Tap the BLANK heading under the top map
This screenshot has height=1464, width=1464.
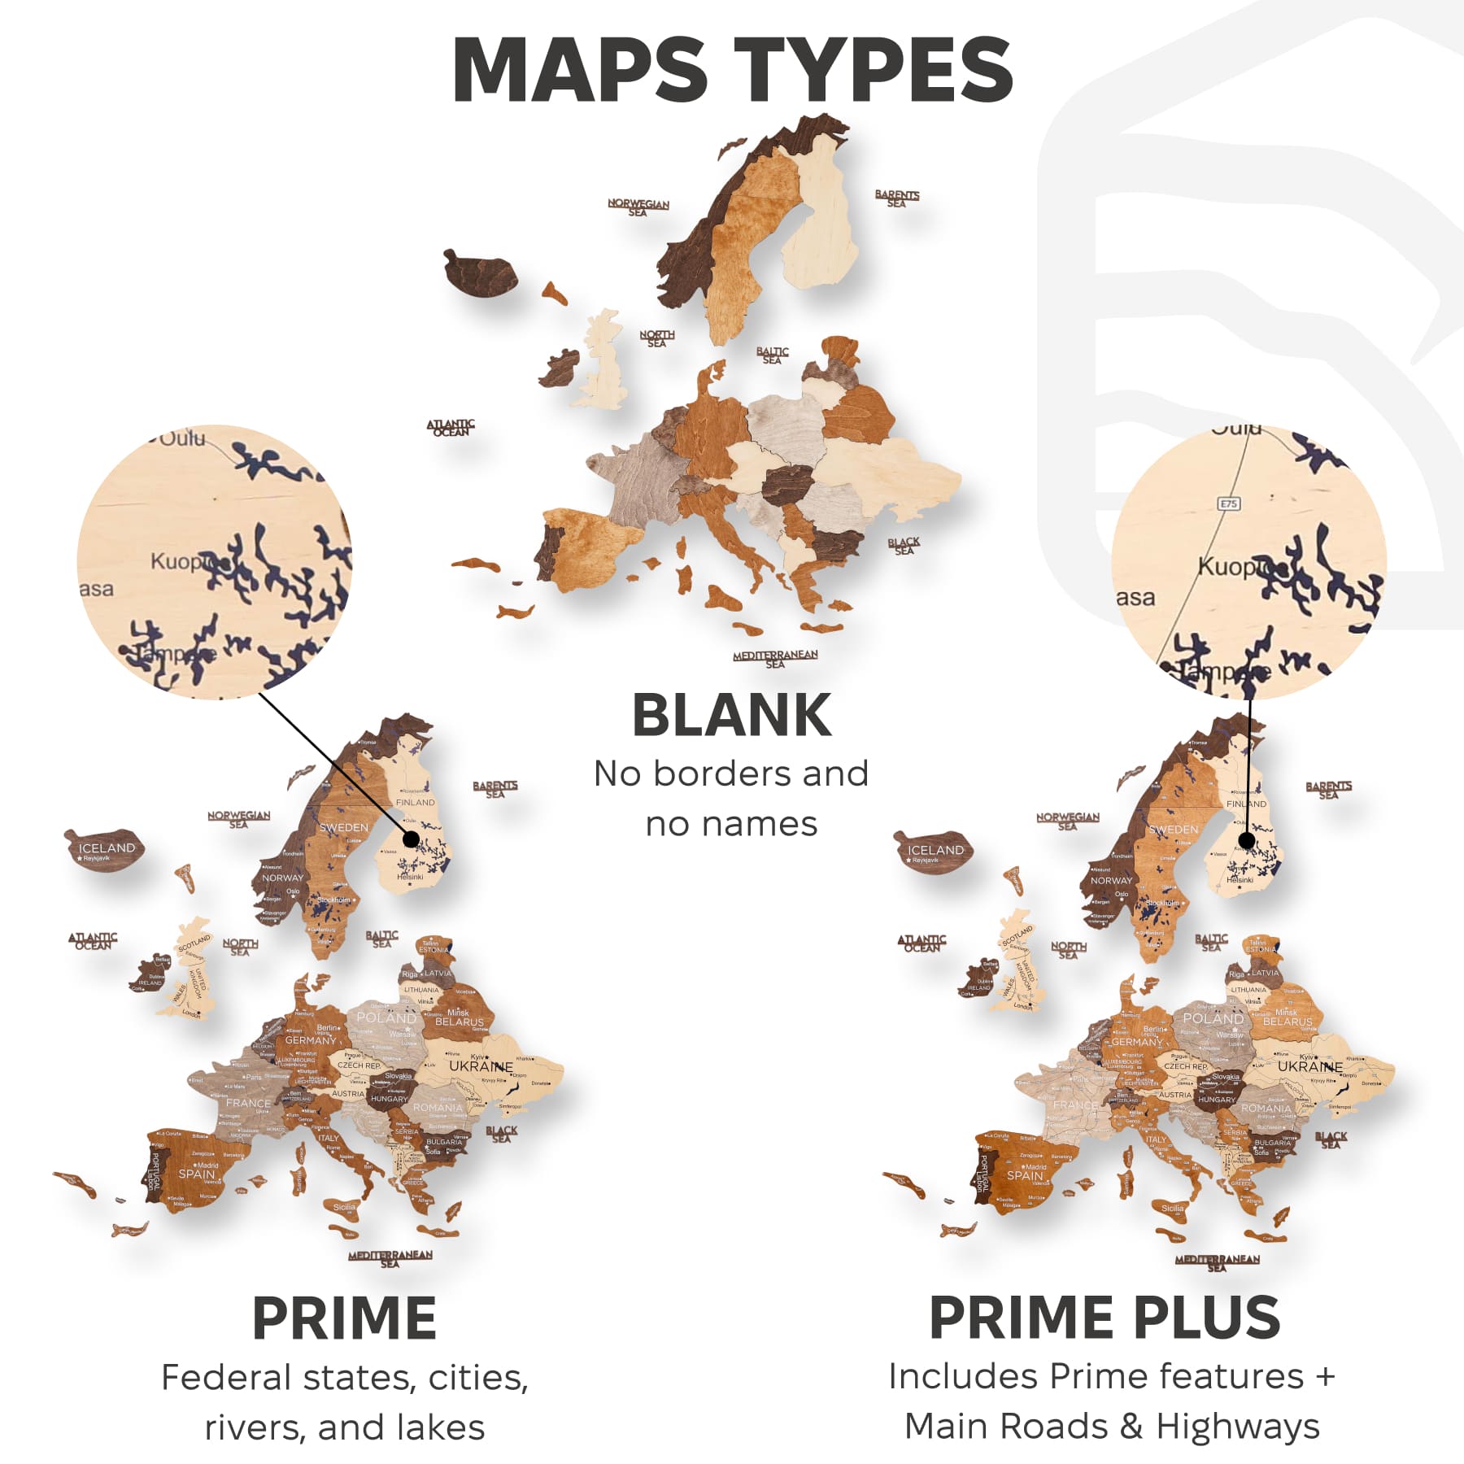click(x=731, y=716)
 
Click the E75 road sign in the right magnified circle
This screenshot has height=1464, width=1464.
click(x=1228, y=504)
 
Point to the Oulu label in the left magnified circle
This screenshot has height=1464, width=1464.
click(x=183, y=439)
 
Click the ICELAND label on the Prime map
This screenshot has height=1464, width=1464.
click(x=107, y=847)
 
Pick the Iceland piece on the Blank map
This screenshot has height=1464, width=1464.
click(x=480, y=272)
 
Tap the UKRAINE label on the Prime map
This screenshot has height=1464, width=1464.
click(x=481, y=1065)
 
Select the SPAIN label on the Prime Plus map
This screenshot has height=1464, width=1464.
click(x=1024, y=1175)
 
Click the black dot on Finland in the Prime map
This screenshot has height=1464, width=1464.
click(x=412, y=839)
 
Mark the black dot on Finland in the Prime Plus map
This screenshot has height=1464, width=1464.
click(x=1247, y=841)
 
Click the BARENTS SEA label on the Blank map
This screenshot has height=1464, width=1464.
click(x=896, y=198)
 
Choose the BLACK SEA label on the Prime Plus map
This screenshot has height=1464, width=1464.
click(x=1331, y=1139)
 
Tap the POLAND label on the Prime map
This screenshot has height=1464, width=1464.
click(x=386, y=1017)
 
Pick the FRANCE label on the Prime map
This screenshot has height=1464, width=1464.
click(x=248, y=1104)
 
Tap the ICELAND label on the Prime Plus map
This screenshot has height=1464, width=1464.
click(x=935, y=850)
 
